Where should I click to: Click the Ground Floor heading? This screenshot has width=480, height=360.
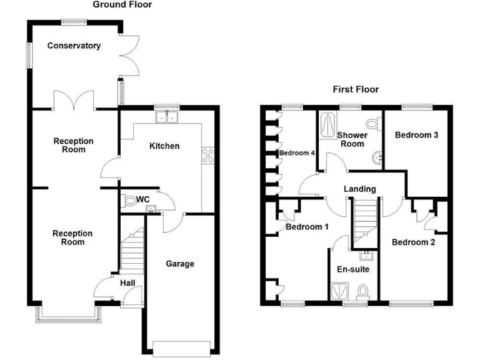(x=122, y=4)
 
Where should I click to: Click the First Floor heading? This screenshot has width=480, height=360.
(x=356, y=89)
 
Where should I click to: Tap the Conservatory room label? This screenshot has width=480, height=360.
(x=74, y=46)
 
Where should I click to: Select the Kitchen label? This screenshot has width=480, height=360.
(x=164, y=146)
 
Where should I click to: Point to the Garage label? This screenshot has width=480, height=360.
(x=180, y=264)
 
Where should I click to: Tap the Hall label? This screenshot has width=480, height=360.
(x=127, y=282)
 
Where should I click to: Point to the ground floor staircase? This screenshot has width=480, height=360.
(x=132, y=253)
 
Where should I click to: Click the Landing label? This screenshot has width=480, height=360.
(x=360, y=189)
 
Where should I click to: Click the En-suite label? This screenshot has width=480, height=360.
(x=354, y=269)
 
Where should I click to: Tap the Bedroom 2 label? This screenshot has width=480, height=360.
(x=413, y=242)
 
